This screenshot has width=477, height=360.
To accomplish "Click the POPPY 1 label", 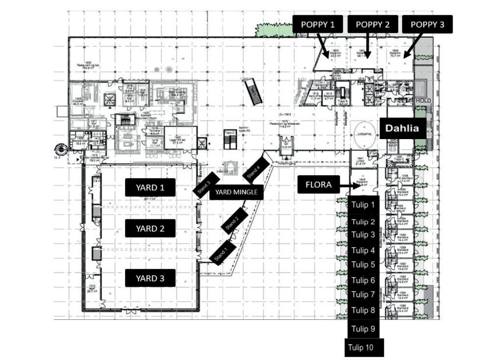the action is tap(318, 24).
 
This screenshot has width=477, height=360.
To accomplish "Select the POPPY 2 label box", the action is tap(372, 24).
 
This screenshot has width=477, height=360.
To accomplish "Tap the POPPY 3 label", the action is tap(427, 24).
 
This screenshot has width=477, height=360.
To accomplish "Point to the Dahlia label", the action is tap(402, 128).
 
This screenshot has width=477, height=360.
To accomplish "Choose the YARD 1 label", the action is tap(150, 187).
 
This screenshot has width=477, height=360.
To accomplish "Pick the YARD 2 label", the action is tap(150, 228).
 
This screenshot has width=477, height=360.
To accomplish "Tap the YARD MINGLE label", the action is tap(236, 192).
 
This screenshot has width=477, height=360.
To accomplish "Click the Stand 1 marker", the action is tap(223, 252).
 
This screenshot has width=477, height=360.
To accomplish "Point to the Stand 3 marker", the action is tap(206, 184).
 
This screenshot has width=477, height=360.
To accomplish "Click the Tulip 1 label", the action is tap(363, 205).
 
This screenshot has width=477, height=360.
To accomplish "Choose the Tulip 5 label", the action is tap(363, 264).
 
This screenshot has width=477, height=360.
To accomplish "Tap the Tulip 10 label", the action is tap(361, 348).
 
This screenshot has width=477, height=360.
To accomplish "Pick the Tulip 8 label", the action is tap(363, 310).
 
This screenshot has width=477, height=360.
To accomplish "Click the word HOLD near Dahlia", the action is tap(423, 100).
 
